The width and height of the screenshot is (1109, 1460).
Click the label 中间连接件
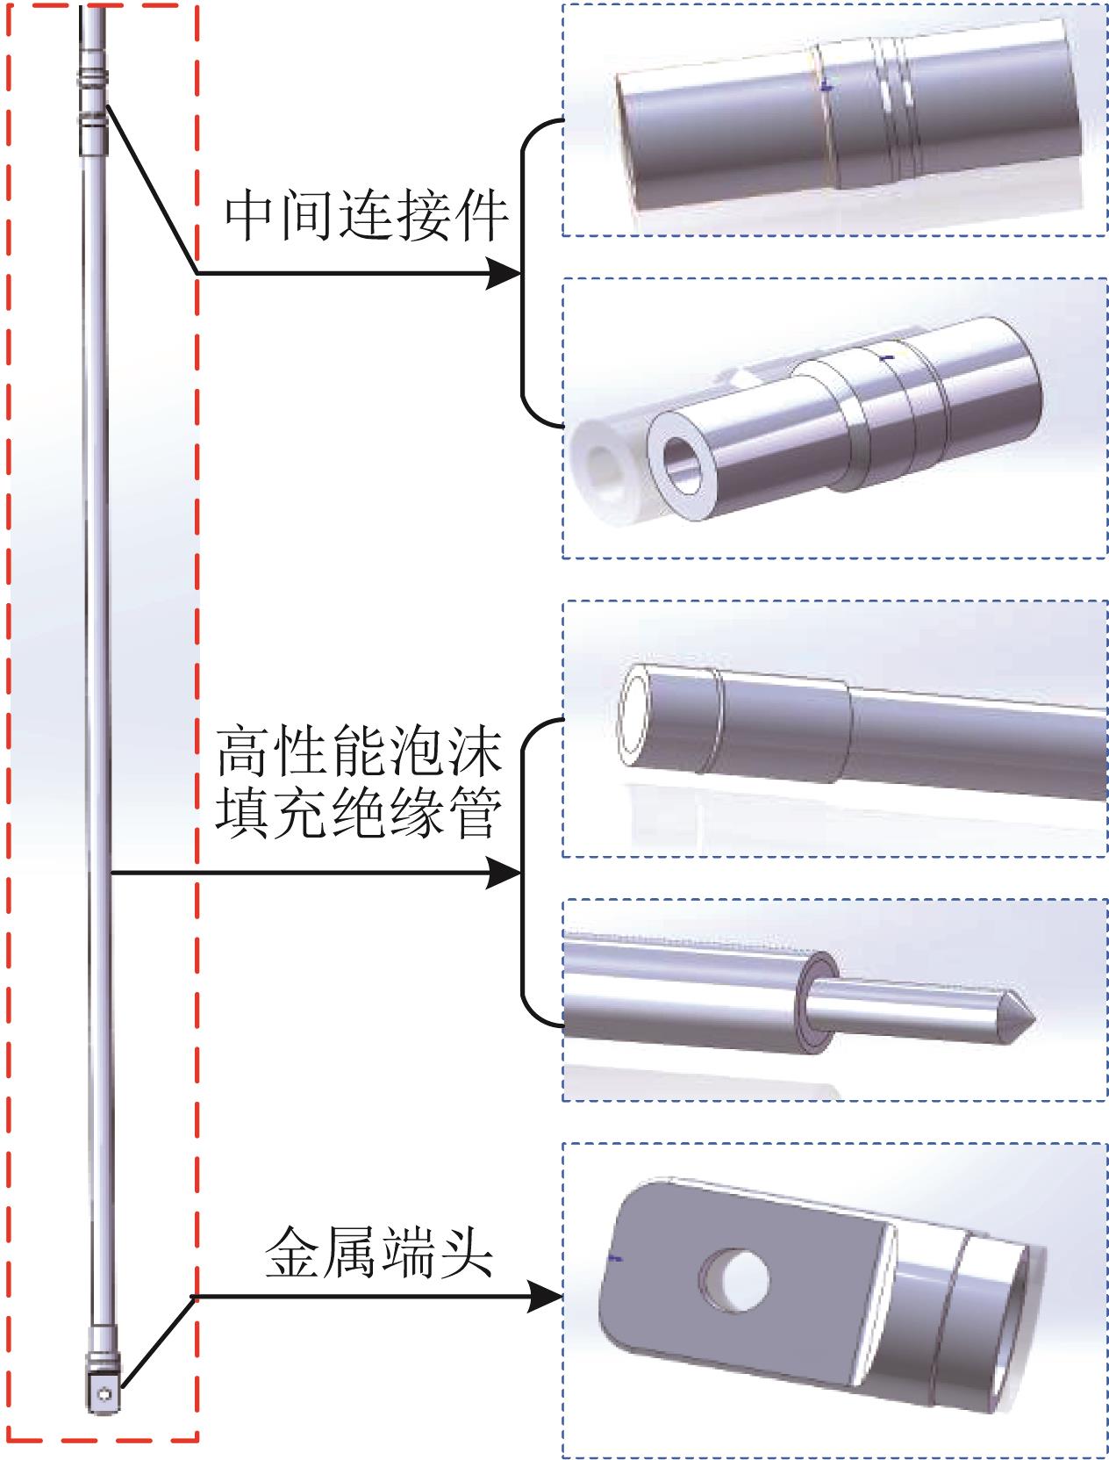[366, 217]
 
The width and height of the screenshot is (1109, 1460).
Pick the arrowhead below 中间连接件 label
[505, 274]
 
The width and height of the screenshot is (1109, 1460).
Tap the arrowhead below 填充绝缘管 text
[505, 874]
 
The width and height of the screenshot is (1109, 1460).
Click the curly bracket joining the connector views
[526, 274]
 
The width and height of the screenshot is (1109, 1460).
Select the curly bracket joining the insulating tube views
[526, 874]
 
